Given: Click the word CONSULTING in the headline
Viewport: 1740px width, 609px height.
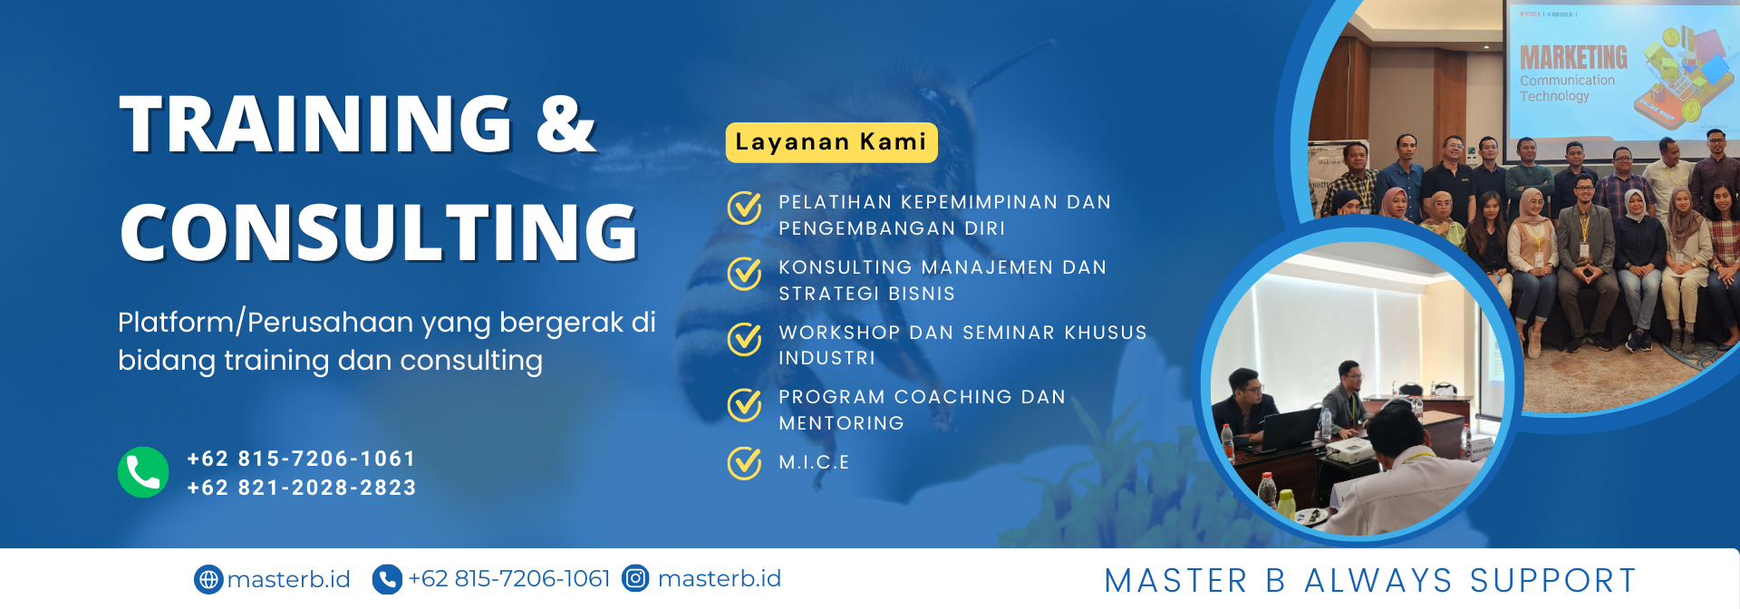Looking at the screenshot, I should [379, 232].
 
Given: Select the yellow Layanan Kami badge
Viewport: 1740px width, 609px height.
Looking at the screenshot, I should [831, 142].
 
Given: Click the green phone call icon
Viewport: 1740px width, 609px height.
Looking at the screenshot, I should [143, 472].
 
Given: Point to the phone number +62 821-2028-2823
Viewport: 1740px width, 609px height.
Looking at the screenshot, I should [302, 488].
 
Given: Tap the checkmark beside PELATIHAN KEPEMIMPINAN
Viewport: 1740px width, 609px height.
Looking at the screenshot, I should [745, 208].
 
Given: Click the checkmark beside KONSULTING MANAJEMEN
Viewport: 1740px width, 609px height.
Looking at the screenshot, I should [745, 273].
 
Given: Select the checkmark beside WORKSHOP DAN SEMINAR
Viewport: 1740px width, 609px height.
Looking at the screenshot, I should [745, 339].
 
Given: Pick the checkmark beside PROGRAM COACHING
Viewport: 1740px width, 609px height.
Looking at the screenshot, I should [745, 405].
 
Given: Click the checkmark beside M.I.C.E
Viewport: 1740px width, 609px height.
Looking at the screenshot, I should [745, 462].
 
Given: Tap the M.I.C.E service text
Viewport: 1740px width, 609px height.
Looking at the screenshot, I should [814, 462].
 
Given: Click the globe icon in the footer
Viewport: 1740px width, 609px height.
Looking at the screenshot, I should [208, 579].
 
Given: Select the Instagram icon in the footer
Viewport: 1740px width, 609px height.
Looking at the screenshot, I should [636, 578].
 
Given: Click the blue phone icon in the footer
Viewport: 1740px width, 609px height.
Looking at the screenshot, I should [387, 579].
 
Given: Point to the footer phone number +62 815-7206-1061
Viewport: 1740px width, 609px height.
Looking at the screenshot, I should [509, 578].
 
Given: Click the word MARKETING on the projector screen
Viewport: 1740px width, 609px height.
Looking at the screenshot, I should [1573, 58].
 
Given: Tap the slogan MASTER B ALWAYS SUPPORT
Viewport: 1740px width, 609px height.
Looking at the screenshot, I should [1370, 580].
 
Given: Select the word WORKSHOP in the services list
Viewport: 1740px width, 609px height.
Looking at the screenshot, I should [839, 333].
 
